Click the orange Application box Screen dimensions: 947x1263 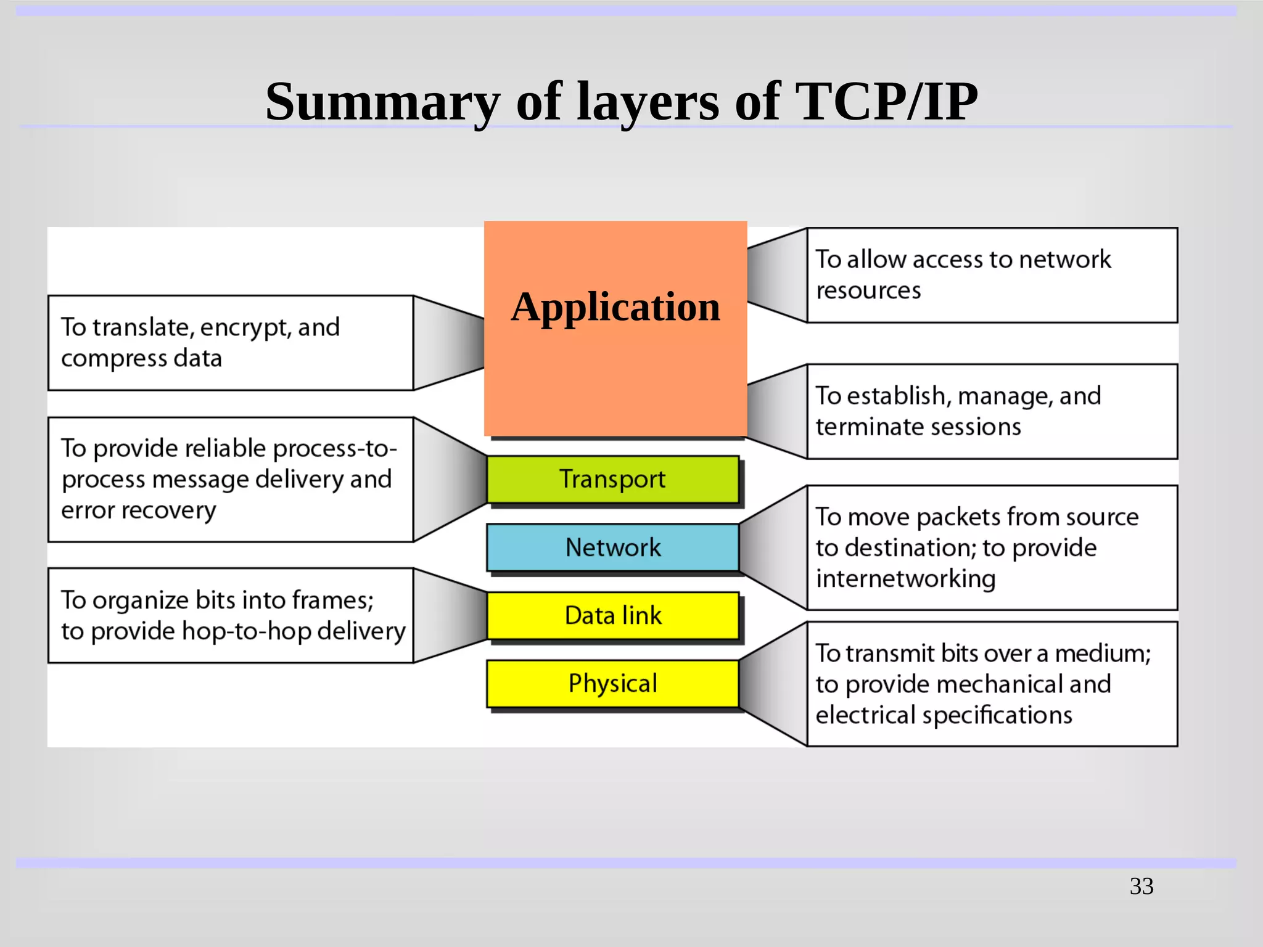pos(615,345)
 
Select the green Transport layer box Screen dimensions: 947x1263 pos(612,480)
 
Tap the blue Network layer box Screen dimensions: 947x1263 pos(612,547)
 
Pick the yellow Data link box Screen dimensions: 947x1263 pos(612,615)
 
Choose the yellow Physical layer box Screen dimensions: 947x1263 pos(612,684)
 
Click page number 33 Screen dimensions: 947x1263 pos(1142,887)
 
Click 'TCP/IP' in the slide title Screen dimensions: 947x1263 pos(886,102)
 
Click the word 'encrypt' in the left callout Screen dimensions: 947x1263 pos(243,328)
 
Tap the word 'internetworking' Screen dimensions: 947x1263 pos(905,579)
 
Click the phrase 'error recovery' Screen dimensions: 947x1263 pos(139,510)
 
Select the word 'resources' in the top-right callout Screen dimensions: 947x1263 pos(868,290)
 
